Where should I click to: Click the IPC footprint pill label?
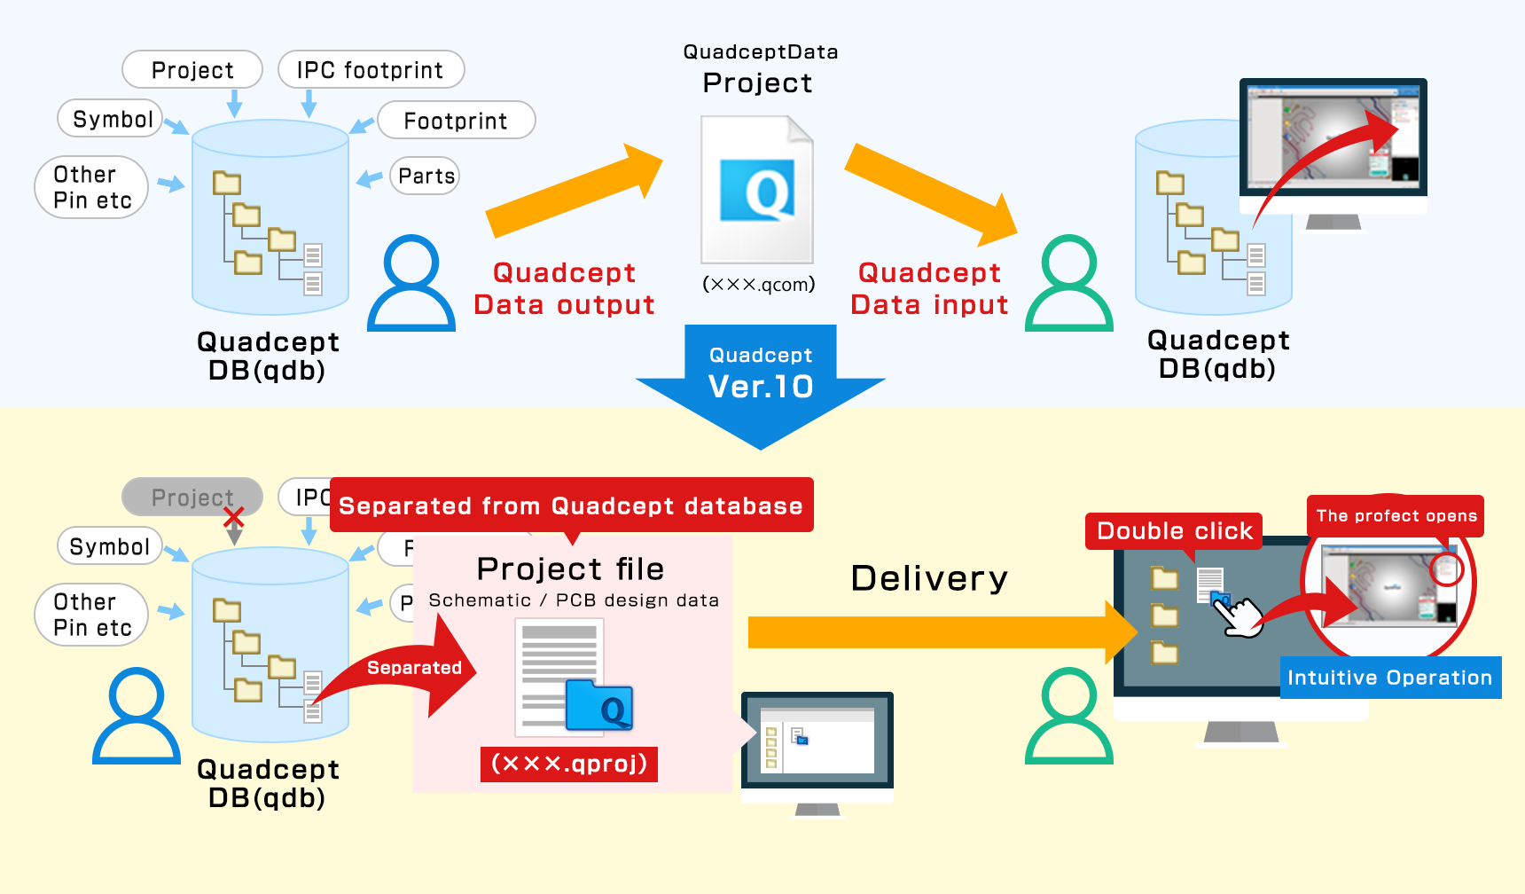click(371, 70)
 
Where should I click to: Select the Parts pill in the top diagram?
click(426, 176)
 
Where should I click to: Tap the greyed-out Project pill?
click(192, 497)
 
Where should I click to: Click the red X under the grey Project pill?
click(234, 517)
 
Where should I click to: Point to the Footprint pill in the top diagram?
click(456, 121)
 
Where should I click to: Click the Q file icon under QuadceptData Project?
click(757, 190)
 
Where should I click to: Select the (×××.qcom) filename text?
click(759, 285)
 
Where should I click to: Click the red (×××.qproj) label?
click(569, 764)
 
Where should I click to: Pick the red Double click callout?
click(1174, 531)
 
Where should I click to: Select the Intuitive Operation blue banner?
click(1389, 678)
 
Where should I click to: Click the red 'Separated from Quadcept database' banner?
click(571, 506)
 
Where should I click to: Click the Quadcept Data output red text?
click(564, 288)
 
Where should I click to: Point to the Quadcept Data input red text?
click(929, 288)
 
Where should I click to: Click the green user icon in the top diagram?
click(1069, 284)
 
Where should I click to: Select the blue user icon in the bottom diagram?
click(137, 717)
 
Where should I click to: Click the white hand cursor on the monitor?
click(1241, 616)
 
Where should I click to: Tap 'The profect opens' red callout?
click(1396, 516)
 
